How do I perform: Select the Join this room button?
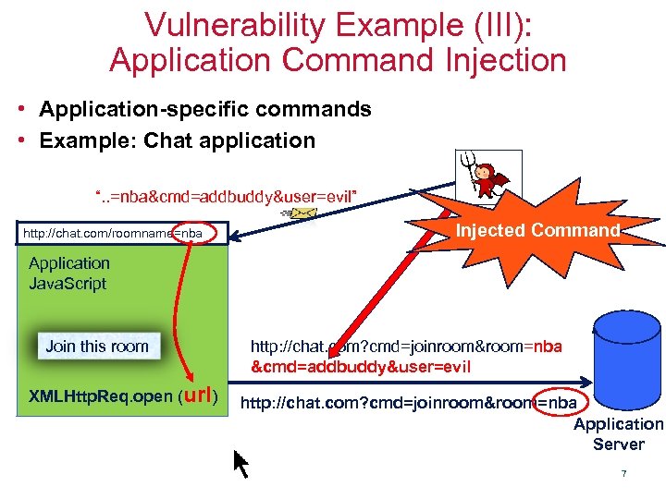(96, 347)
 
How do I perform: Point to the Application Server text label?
(618, 433)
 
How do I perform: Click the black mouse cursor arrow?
(240, 463)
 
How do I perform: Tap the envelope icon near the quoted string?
(302, 215)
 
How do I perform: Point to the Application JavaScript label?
(68, 274)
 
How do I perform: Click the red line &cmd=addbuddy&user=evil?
(361, 367)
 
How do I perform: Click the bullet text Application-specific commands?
(204, 109)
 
